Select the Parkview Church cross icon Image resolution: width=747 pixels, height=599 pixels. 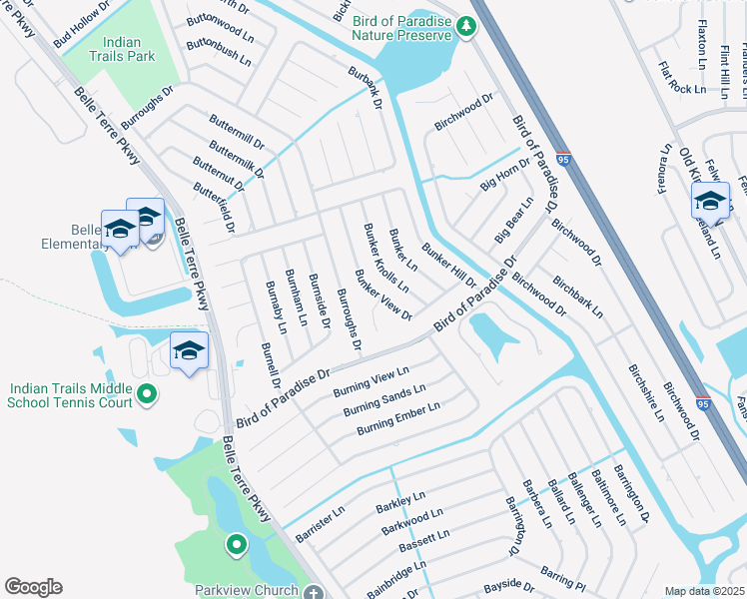coord(313,591)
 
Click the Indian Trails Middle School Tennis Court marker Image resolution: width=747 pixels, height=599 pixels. coord(147,395)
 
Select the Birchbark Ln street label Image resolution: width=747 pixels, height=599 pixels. coord(578,297)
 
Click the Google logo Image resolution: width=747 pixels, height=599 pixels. coord(33,587)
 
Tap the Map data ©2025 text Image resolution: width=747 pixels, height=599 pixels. coord(704,591)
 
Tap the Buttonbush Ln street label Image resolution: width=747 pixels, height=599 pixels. coord(218,52)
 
